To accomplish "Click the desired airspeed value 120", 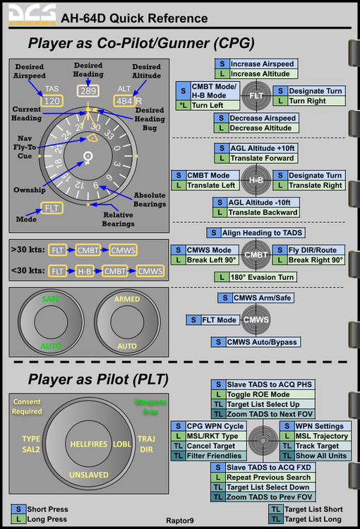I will (52, 102).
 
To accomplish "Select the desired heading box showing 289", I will (88, 91).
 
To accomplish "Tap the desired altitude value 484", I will (123, 102).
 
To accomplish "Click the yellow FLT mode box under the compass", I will (52, 208).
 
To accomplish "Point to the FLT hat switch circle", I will (256, 96).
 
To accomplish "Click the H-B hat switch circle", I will (256, 180).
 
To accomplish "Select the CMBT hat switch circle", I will (256, 255).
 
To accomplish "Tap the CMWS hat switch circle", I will (256, 320).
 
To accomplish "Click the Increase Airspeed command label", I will (262, 64).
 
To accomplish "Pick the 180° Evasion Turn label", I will (262, 277).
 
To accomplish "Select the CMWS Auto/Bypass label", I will (262, 342).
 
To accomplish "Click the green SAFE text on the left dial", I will (51, 299).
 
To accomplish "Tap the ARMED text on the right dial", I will (127, 299).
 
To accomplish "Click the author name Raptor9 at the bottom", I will (179, 521).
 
